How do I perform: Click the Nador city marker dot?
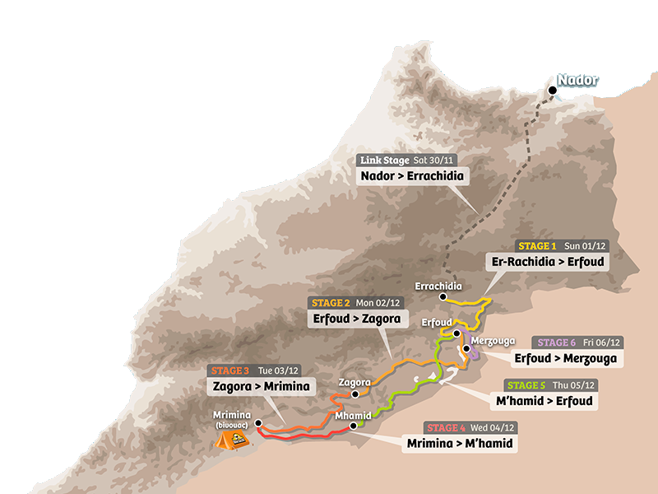coord(553,91)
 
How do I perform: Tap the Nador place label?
coord(577,81)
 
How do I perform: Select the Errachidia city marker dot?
coord(443,296)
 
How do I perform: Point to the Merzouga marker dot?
coord(466,348)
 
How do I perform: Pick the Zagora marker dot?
coord(355,394)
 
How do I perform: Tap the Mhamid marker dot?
coord(354,426)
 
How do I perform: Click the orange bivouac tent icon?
coord(230,439)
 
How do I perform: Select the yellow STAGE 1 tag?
coord(537,246)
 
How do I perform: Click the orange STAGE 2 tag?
coord(331,303)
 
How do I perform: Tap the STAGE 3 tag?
coord(230,370)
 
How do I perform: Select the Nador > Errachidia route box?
coord(411,175)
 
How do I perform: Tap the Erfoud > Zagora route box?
coord(357,319)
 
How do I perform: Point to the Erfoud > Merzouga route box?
coord(566,358)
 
